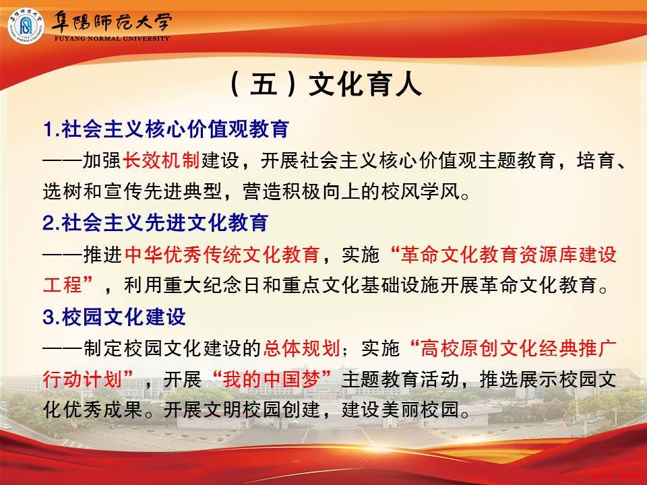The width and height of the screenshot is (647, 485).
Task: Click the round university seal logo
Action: click(26, 26)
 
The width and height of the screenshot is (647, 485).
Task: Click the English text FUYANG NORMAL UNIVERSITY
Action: click(112, 38)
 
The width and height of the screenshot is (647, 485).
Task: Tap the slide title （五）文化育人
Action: click(324, 84)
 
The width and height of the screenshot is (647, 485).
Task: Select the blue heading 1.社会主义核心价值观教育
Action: click(166, 129)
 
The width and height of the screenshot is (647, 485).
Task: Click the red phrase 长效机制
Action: click(161, 160)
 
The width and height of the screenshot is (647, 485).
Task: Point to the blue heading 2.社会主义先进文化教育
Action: click(156, 223)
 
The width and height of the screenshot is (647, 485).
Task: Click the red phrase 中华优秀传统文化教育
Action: click(222, 255)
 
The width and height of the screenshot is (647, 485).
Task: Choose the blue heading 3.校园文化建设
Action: click(115, 317)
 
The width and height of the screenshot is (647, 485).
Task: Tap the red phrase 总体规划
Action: click(301, 348)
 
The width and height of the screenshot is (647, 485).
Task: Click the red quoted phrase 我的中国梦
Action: click(272, 379)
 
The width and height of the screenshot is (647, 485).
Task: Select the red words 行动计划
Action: click(82, 379)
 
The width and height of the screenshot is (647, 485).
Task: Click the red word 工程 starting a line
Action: click(62, 285)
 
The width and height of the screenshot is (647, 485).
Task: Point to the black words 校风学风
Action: click(420, 191)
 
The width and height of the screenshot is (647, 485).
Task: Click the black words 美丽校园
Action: click(420, 410)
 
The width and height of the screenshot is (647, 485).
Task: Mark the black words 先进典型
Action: click(183, 191)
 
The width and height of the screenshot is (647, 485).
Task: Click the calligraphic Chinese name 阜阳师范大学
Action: click(111, 22)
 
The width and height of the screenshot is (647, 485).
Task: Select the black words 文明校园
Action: click(242, 410)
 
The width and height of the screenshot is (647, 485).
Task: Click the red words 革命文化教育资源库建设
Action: click(508, 255)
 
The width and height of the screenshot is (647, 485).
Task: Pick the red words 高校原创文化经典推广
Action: click(518, 348)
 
